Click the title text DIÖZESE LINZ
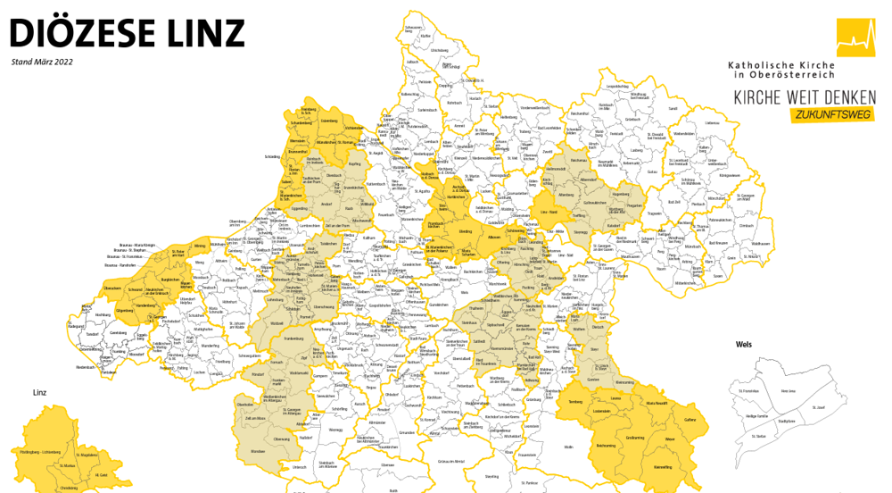point(127,33)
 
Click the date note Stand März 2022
point(42,63)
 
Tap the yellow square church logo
point(855,38)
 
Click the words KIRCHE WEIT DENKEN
point(805,96)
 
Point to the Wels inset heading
point(745,344)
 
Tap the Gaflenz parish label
point(690,419)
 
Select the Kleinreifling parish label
point(663,467)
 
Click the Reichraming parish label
point(605,445)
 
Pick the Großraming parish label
point(635,438)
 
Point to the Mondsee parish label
point(258,452)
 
